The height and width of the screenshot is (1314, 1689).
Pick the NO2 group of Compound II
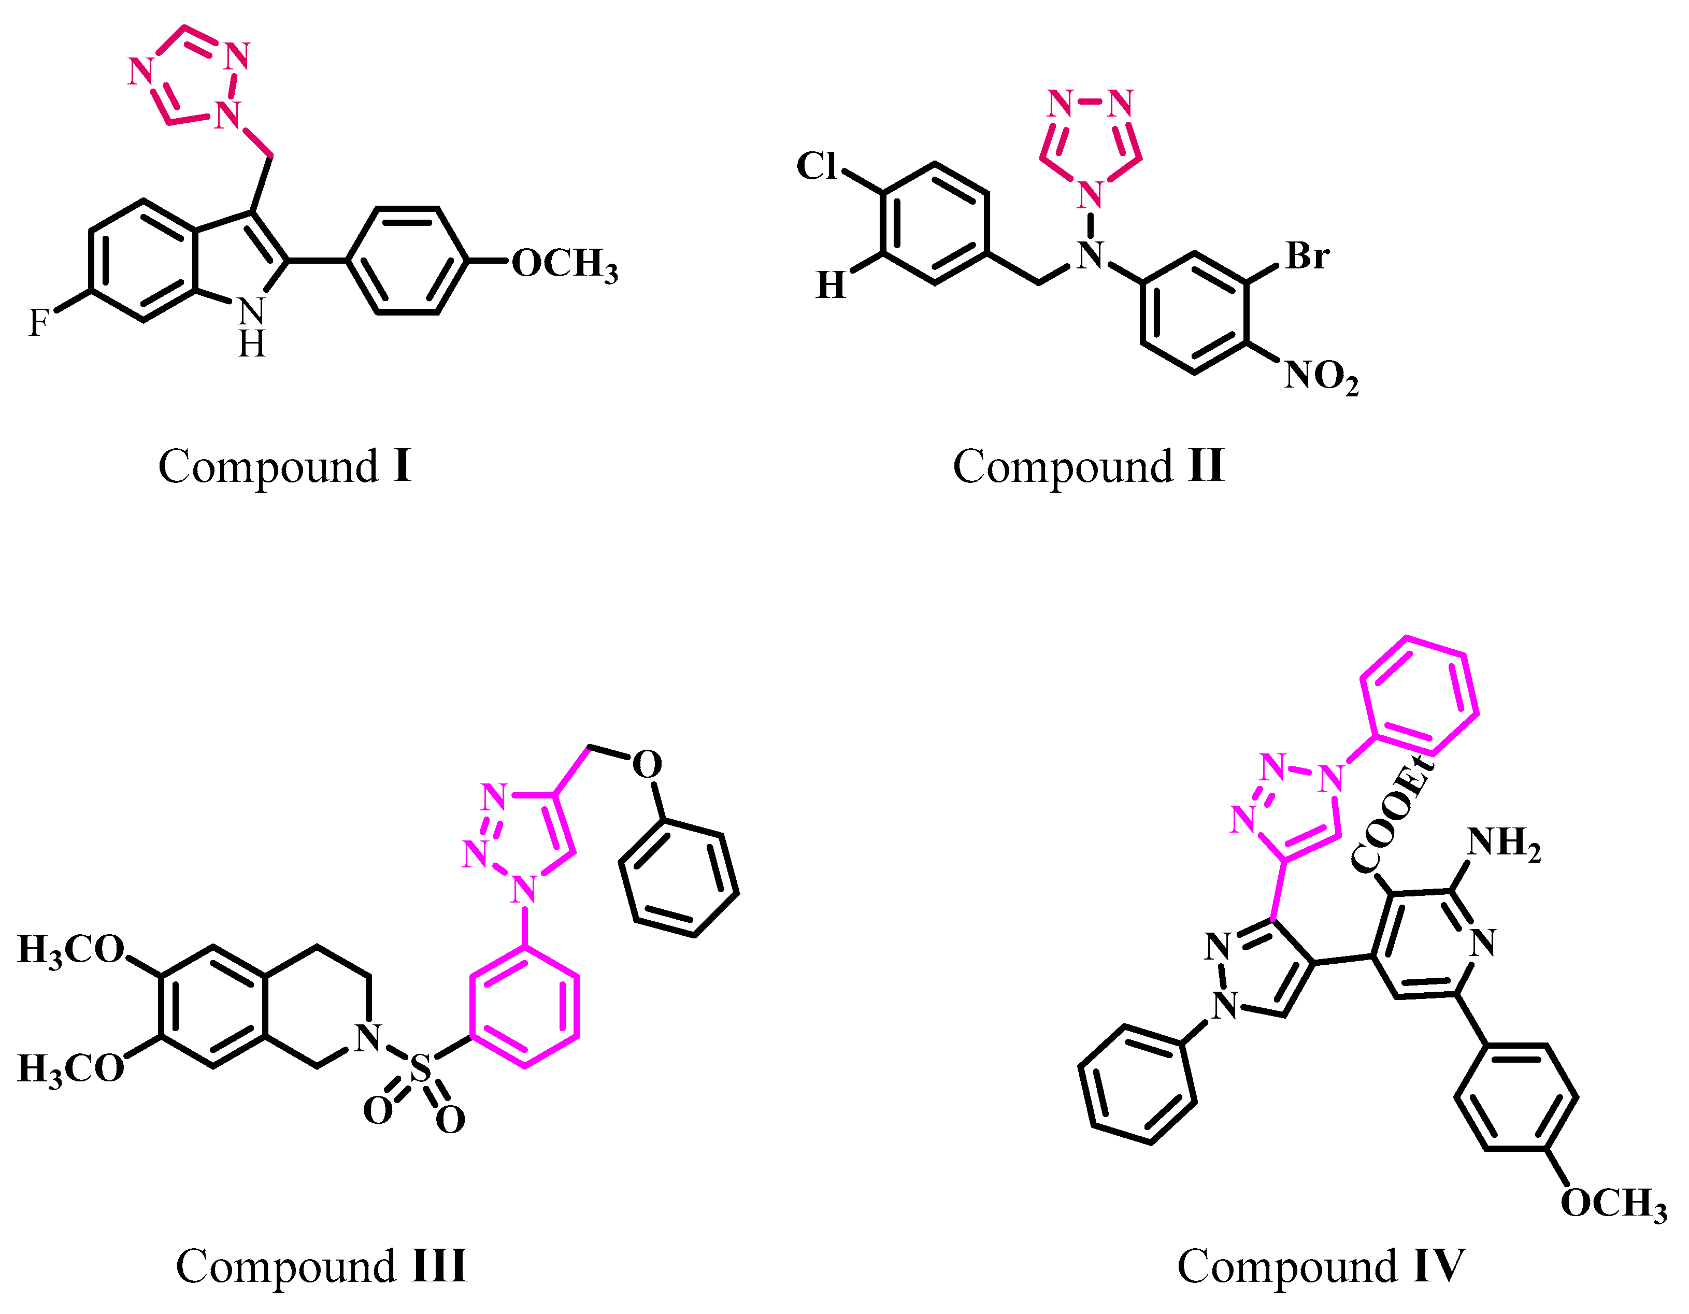(1321, 377)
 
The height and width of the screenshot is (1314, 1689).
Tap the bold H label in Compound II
(831, 285)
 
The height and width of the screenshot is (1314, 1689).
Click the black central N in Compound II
(1091, 256)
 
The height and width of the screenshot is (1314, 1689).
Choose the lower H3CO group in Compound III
(71, 1069)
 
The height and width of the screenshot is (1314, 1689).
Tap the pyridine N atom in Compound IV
(1482, 944)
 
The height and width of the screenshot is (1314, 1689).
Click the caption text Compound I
(284, 466)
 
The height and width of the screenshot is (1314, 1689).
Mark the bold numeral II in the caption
(1206, 466)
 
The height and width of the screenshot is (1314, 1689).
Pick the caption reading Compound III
(321, 1267)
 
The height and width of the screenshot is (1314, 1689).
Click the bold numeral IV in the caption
(1438, 1267)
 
